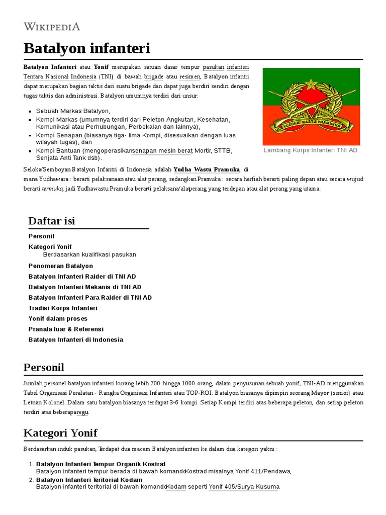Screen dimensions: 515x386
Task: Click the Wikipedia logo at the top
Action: point(52,26)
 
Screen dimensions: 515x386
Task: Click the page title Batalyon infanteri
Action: point(86,49)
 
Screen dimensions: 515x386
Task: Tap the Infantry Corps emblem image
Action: point(311,107)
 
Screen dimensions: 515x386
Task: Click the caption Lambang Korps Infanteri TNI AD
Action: point(311,150)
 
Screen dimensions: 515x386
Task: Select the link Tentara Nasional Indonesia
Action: point(60,76)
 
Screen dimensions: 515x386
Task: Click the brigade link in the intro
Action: point(153,76)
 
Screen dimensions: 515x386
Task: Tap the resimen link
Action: point(190,76)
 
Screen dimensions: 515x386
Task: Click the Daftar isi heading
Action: point(52,221)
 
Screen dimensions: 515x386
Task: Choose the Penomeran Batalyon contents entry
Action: point(61,266)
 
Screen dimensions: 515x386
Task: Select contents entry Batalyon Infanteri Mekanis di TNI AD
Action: point(85,287)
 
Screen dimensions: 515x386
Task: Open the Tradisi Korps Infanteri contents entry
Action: point(63,308)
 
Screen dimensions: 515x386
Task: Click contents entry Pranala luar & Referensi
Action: point(66,329)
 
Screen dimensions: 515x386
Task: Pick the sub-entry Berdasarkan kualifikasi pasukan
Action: point(89,254)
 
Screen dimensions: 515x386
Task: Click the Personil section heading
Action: point(44,367)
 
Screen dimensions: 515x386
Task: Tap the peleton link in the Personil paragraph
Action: point(303,402)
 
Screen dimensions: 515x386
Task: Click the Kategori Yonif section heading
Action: point(60,433)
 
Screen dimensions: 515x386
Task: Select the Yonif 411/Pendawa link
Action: point(263,471)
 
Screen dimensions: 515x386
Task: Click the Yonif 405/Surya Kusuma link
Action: point(244,487)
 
